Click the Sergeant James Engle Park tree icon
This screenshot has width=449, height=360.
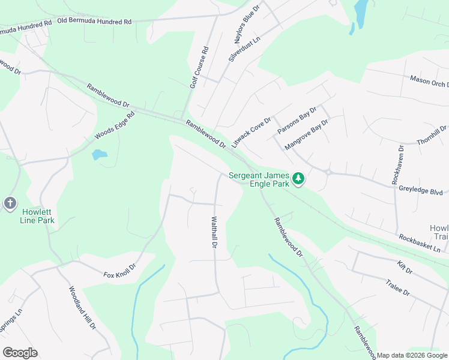tap(298, 178)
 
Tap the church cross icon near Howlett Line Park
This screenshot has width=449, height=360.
tap(10, 203)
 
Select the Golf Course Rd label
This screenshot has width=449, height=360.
tap(199, 68)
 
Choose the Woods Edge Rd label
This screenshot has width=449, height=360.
tap(115, 126)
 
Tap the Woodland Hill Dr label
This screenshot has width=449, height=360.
tap(82, 308)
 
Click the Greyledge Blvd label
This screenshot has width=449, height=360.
tap(420, 190)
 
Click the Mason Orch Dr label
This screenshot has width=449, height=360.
tap(429, 82)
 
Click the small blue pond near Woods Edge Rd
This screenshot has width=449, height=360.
tap(99, 154)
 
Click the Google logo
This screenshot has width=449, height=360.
tap(20, 352)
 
